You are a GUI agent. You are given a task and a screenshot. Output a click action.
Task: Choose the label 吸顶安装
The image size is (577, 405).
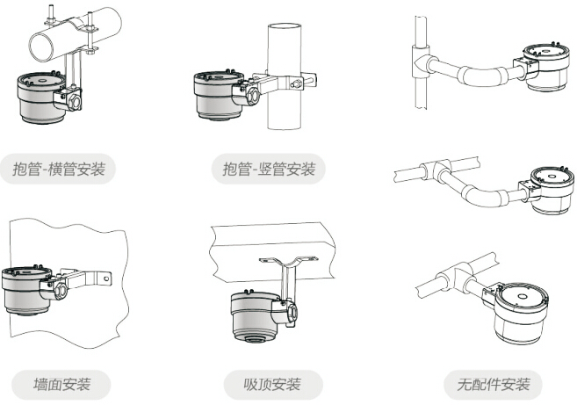point(271,385)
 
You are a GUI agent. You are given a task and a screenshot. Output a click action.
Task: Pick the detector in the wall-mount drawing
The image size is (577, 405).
point(28,290)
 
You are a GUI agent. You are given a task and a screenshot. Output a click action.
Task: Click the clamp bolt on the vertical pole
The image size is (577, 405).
point(297,84)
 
